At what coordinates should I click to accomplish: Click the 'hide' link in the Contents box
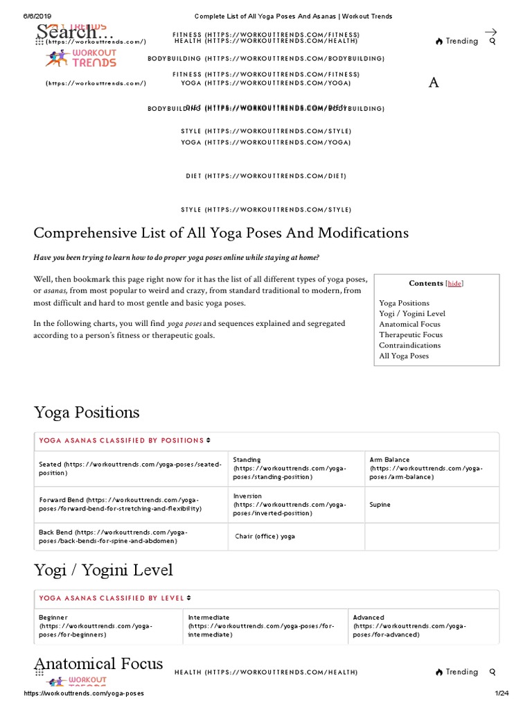coord(454,283)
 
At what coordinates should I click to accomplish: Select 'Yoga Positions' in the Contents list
coord(404,303)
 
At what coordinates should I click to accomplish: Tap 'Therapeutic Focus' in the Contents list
coord(411,335)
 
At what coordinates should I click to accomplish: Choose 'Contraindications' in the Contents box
coord(409,345)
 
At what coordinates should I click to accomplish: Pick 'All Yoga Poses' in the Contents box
coord(404,356)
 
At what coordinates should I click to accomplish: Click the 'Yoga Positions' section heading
coord(87,413)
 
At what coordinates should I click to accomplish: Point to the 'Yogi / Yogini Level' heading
coord(103,571)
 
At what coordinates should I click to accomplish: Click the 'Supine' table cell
coord(380,505)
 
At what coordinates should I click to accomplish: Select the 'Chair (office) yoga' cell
coord(265,536)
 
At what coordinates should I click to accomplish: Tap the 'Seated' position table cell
coord(130,468)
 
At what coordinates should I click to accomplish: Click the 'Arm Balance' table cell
coord(426,468)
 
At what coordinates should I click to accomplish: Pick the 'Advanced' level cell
coord(409,625)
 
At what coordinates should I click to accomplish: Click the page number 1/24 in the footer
coord(502,693)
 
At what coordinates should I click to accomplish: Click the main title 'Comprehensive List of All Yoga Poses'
coord(221,232)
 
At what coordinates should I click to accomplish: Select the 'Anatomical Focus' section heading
coord(98,664)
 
